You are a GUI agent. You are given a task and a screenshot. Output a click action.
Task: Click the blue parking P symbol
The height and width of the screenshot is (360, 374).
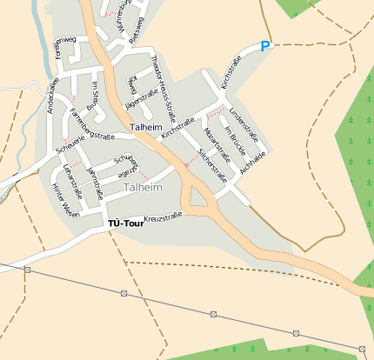(x=266, y=46)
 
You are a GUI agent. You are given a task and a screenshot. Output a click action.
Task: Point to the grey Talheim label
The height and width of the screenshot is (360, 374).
(x=143, y=187)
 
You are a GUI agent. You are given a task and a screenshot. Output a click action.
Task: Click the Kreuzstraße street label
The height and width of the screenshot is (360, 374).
(x=164, y=217)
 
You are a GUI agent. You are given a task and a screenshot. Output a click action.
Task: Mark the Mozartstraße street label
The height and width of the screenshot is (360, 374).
(x=215, y=143)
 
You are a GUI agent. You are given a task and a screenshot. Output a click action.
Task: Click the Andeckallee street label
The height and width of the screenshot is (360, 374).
(x=54, y=96)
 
